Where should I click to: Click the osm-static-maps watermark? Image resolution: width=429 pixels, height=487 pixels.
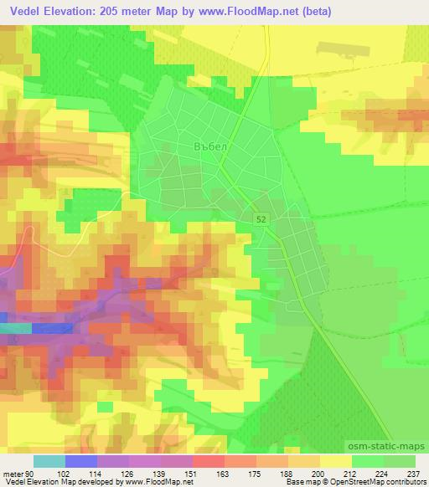[390, 444]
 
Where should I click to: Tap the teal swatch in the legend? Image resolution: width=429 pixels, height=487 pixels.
[49, 460]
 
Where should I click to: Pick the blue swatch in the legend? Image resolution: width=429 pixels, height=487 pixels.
[81, 460]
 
